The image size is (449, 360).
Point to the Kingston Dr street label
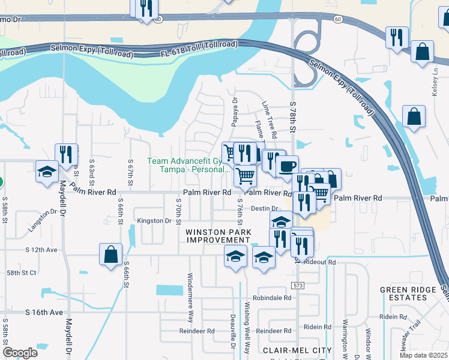(x=154, y=221)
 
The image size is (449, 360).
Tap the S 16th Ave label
(x=44, y=313)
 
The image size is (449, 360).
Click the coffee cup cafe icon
(x=287, y=166)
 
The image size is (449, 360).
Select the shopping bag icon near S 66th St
(x=111, y=254)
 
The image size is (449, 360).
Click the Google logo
(x=20, y=353)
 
